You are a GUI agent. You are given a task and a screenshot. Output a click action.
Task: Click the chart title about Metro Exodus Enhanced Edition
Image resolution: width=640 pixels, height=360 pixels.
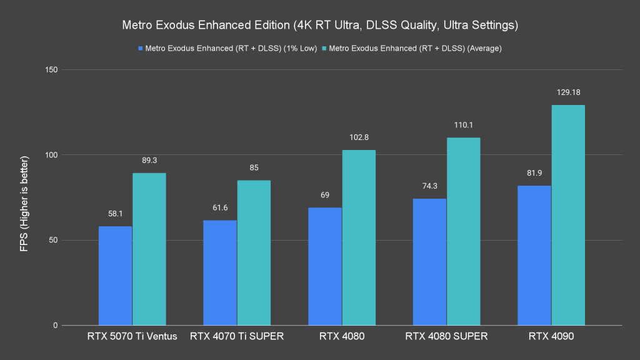[x=319, y=26]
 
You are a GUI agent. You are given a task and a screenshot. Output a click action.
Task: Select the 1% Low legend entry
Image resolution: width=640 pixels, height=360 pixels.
[x=228, y=48]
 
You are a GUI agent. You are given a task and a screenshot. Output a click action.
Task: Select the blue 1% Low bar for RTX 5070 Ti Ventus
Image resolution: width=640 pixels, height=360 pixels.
[x=116, y=276]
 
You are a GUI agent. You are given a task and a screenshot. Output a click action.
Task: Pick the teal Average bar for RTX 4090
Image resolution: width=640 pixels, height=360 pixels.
[x=568, y=215]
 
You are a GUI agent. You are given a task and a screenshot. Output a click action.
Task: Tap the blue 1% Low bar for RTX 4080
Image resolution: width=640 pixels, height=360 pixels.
[x=325, y=266]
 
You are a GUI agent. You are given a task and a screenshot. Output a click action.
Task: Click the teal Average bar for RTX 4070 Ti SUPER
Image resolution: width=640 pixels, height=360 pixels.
[x=254, y=252]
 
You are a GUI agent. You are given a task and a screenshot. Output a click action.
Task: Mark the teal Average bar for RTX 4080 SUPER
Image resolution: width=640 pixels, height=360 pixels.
[x=463, y=231]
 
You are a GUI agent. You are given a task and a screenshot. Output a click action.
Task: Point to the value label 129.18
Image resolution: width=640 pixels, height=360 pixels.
[x=568, y=92]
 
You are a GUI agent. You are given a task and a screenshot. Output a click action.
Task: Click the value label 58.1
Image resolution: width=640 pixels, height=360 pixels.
[x=116, y=213]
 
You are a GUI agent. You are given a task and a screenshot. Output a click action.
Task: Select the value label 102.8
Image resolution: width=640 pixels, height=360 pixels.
[x=359, y=137]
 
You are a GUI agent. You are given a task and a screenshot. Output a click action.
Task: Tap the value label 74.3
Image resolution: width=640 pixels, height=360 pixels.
[x=429, y=186]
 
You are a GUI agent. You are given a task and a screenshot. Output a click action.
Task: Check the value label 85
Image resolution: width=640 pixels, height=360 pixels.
[x=254, y=167]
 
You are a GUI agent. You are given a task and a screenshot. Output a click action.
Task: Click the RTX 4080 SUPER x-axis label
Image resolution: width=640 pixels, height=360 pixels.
[x=446, y=337]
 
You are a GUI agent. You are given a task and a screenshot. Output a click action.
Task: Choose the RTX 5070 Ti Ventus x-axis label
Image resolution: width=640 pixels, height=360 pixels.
[x=132, y=337]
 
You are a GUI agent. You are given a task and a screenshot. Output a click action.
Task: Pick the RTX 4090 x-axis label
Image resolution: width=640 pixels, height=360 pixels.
[x=551, y=337]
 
